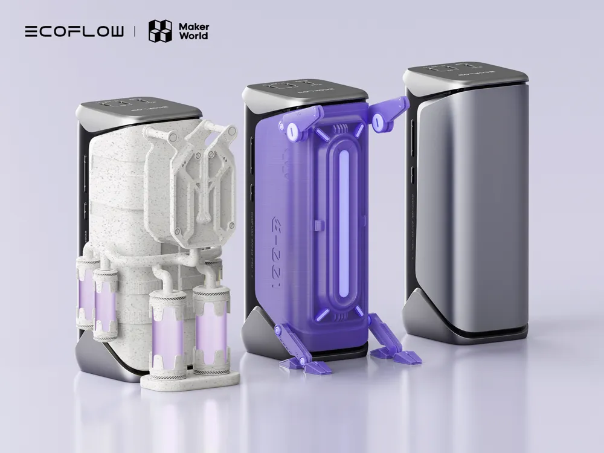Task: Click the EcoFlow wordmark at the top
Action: tap(74, 31)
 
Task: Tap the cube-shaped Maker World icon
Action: tap(160, 31)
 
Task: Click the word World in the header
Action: tap(193, 36)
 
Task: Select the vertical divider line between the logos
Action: tap(135, 31)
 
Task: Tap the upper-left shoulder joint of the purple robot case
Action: tap(291, 128)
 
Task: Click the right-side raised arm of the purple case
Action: tap(387, 115)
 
